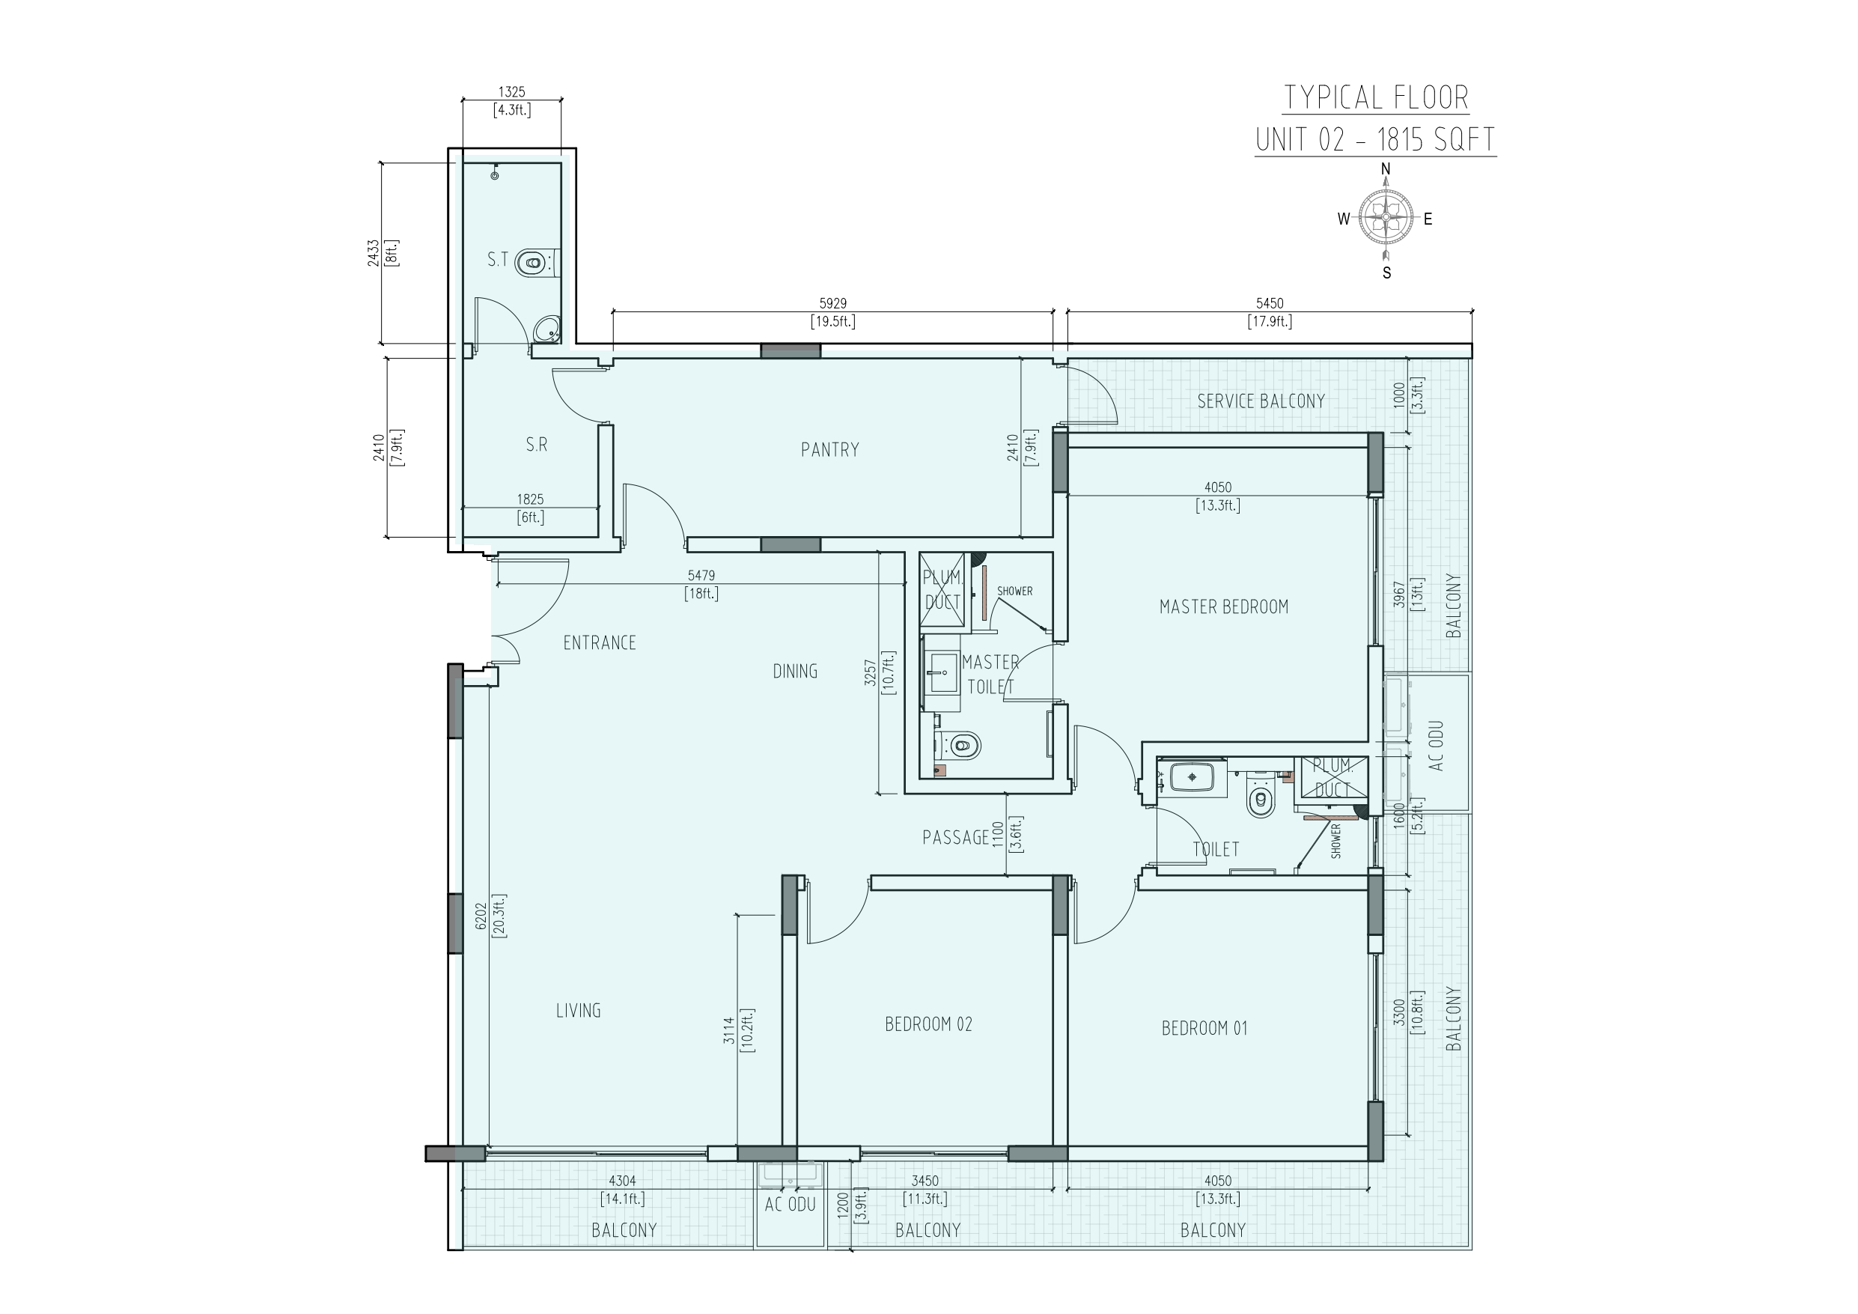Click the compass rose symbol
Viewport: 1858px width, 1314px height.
[x=1386, y=218]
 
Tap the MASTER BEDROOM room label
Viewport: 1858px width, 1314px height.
[x=1223, y=606]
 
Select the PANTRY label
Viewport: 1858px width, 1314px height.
[x=829, y=449]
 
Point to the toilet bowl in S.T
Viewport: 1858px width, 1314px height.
[x=531, y=262]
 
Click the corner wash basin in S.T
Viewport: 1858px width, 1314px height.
[x=548, y=329]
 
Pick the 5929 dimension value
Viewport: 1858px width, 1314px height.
[x=832, y=303]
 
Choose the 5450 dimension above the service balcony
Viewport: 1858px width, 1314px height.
[x=1270, y=303]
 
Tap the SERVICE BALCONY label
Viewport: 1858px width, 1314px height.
[x=1261, y=401]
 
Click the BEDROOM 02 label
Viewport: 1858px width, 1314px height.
[x=928, y=1024]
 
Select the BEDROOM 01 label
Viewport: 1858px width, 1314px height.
[x=1204, y=1028]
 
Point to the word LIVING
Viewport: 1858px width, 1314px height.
[x=578, y=1011]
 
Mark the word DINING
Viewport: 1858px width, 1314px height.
[x=795, y=671]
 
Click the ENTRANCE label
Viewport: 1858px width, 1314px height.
[x=600, y=643]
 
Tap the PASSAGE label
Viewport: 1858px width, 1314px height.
[x=956, y=837]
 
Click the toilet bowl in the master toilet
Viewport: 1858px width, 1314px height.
[x=960, y=743]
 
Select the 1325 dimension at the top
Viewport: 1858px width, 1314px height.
[x=511, y=93]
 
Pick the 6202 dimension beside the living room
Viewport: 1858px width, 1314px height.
[x=481, y=915]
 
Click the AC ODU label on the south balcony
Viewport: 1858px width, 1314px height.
[x=790, y=1205]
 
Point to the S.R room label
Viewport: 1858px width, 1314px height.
[x=537, y=445]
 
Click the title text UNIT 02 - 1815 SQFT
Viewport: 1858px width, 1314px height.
[x=1375, y=140]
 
